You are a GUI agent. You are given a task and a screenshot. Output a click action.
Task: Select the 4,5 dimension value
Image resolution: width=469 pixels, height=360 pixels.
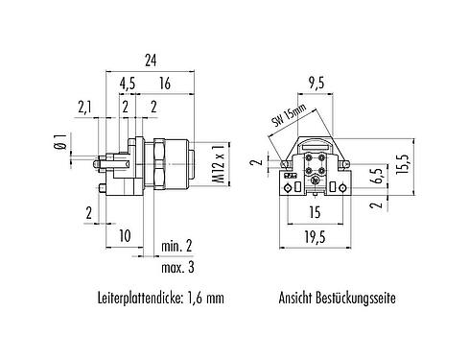(x=127, y=84)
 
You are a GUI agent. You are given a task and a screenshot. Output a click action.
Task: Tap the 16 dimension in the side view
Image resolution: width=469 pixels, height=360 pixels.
(x=167, y=84)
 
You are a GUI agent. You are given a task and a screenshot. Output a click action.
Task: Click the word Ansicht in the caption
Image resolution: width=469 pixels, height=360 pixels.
(x=297, y=299)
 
